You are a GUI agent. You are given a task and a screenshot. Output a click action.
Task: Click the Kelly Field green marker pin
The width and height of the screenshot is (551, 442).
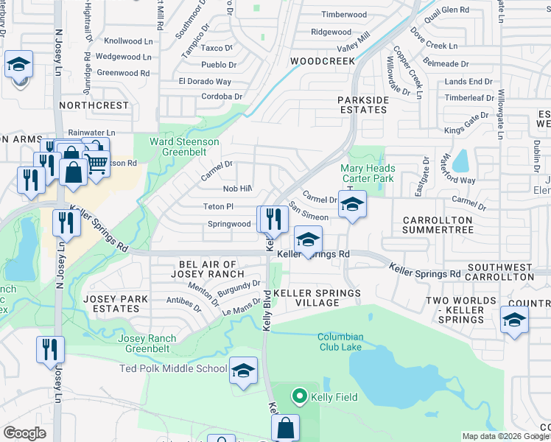pos(299,397)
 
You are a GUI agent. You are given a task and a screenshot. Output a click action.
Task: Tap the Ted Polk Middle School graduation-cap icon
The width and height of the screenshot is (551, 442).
pos(242,371)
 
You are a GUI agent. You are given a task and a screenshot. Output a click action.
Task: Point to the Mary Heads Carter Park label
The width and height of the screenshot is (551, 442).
pos(368,173)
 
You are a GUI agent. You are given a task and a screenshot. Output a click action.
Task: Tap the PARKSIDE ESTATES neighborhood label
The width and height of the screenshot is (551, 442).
pos(362,105)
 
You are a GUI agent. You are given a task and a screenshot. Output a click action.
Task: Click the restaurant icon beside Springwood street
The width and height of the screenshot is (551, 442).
pos(270,219)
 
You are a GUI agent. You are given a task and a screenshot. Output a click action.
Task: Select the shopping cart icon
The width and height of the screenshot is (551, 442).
pos(96,164)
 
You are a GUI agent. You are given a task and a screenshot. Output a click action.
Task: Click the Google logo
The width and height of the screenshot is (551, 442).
pos(25,432)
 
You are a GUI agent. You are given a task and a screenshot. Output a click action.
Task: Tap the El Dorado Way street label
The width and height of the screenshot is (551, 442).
pos(205,82)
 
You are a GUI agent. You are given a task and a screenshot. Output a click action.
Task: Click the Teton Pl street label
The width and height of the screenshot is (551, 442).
pos(219,207)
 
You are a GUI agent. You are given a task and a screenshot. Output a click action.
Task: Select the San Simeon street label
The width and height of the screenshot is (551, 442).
pos(308,213)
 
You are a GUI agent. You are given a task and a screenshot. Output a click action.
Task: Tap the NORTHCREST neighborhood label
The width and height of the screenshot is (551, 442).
pos(94,105)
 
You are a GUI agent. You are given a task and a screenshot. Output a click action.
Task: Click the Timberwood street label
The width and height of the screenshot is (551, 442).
pos(344,15)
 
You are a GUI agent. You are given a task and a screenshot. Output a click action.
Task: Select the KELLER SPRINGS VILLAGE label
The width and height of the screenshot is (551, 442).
pos(317,298)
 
